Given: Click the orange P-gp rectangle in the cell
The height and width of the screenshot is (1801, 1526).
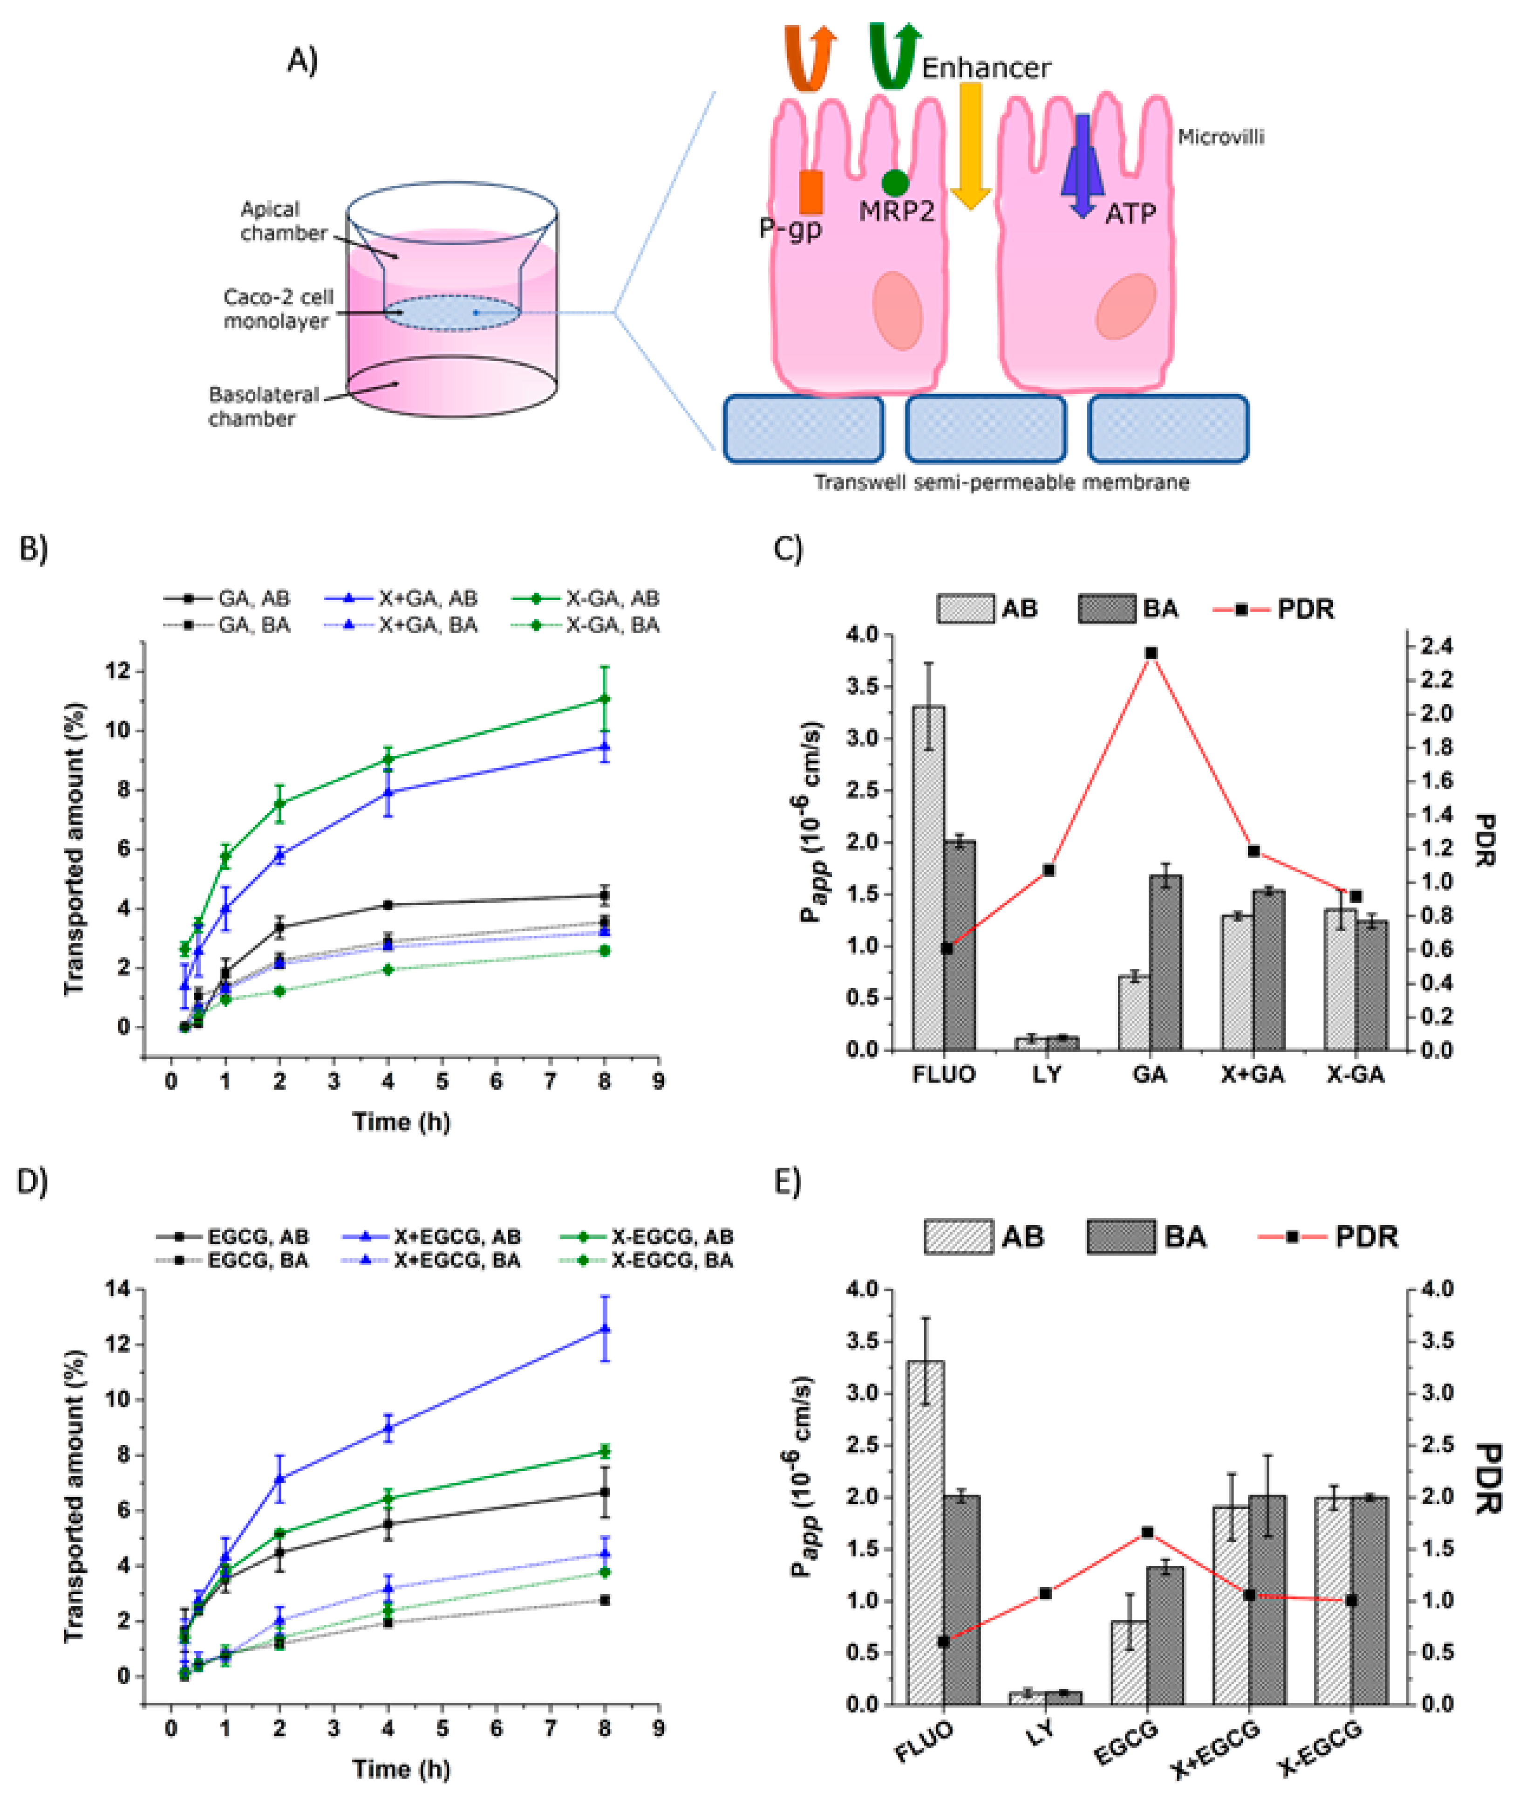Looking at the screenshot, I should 811,192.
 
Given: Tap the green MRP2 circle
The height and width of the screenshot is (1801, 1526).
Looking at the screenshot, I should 894,183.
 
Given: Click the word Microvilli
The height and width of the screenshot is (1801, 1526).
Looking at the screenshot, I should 1220,136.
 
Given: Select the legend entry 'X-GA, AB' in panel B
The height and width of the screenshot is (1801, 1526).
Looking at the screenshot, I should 612,598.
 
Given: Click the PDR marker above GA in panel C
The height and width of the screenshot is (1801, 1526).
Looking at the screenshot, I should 1151,653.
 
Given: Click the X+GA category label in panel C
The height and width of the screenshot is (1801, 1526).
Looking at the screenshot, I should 1253,1074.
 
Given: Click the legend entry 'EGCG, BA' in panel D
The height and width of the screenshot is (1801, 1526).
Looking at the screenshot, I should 257,1260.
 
